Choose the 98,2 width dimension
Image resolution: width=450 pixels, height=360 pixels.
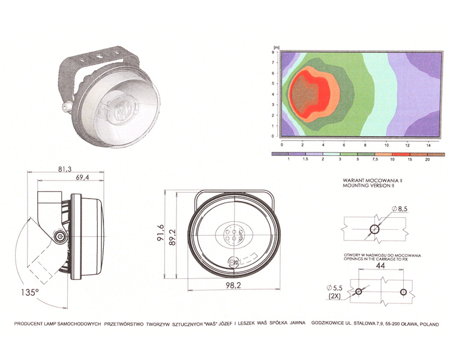click(234, 286)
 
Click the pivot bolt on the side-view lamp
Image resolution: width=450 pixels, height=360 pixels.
click(60, 238)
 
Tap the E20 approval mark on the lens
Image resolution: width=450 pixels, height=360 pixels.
click(236, 262)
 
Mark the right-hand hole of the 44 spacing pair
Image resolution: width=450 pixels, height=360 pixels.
click(403, 292)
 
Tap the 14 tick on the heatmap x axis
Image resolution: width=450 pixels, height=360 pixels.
click(429, 145)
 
